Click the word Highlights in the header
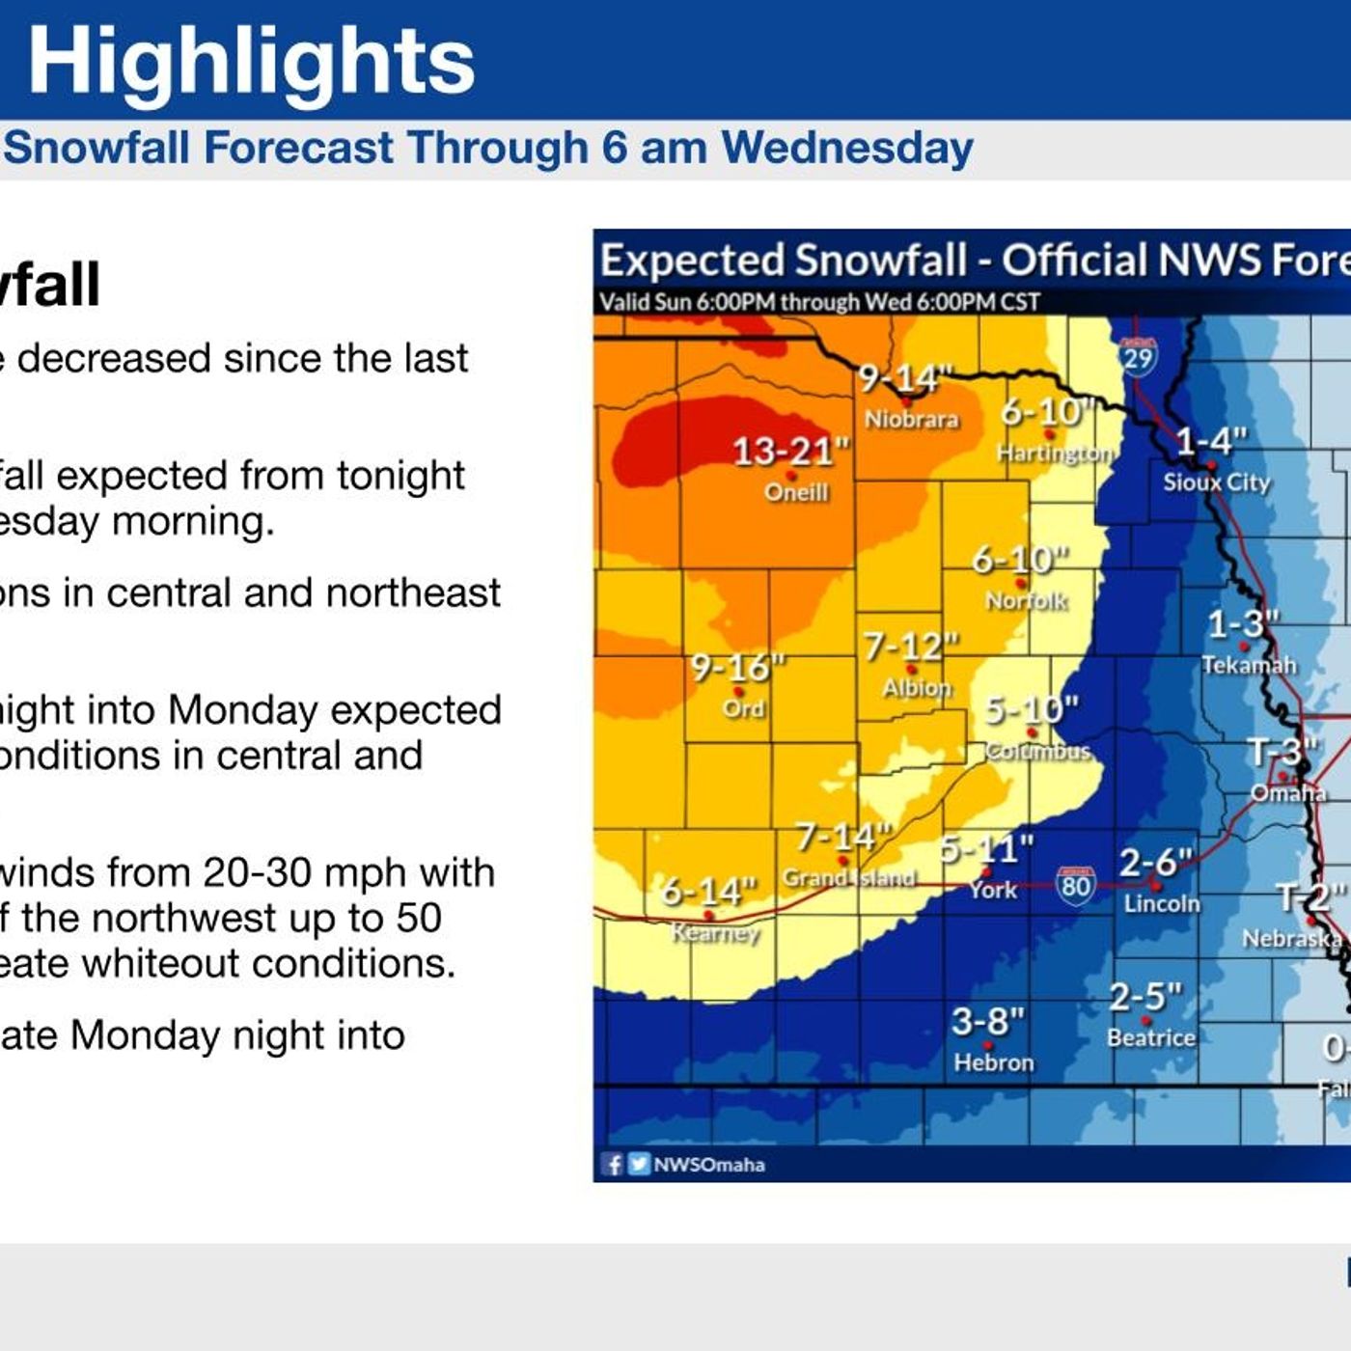(x=251, y=61)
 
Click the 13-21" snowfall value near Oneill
(x=790, y=451)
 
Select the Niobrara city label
(x=911, y=419)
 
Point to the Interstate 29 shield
(x=1138, y=357)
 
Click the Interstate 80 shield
(x=1075, y=885)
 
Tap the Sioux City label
(x=1216, y=482)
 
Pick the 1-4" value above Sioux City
(x=1210, y=441)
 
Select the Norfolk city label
(x=1026, y=600)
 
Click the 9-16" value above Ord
(x=737, y=667)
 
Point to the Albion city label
(x=917, y=687)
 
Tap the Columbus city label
(x=1038, y=751)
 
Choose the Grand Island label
(x=848, y=877)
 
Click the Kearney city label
(x=715, y=932)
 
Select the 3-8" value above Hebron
(x=987, y=1021)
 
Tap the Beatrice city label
(x=1150, y=1037)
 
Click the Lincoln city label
(x=1162, y=903)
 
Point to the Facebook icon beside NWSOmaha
(x=613, y=1164)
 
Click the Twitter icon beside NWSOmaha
(x=638, y=1164)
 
